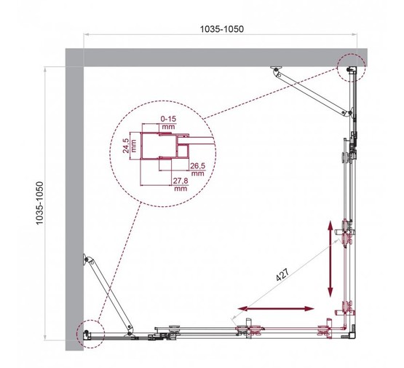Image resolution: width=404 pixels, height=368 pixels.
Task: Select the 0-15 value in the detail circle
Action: [168, 118]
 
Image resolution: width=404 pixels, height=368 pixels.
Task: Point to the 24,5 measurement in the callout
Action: [126, 144]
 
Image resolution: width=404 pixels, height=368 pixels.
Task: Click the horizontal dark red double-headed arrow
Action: [273, 309]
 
